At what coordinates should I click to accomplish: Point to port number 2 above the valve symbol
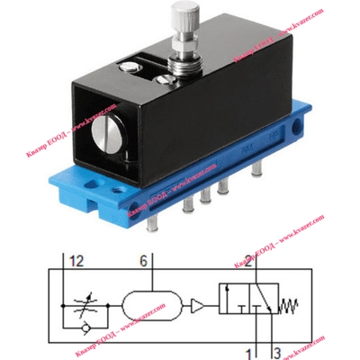click(249, 261)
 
